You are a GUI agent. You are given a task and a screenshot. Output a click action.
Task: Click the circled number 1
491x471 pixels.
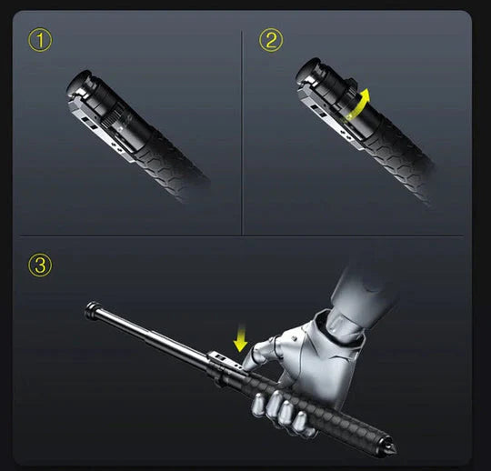click(x=39, y=40)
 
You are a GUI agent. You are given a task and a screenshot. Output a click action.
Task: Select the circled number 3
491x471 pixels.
click(x=39, y=265)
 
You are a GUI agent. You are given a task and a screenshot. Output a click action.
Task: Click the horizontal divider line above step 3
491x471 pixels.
click(x=245, y=236)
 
